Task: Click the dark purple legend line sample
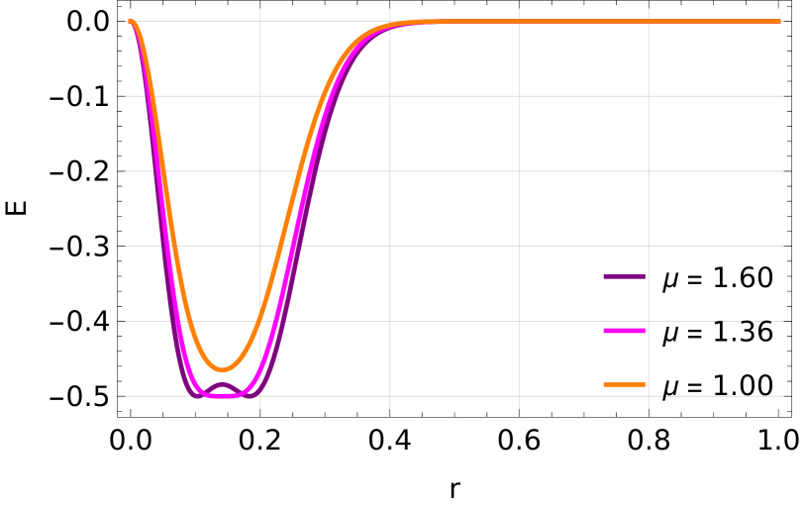624,277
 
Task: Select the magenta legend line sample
624,331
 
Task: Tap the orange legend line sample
624,384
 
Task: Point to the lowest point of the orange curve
223,370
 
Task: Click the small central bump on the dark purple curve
222,384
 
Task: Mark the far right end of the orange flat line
779,21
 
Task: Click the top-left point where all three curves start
130,21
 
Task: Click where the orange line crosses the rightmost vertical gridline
649,21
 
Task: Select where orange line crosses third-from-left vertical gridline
519,21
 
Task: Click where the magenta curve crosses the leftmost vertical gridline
260,374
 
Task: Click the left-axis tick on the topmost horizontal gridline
124,21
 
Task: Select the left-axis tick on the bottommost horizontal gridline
124,396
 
